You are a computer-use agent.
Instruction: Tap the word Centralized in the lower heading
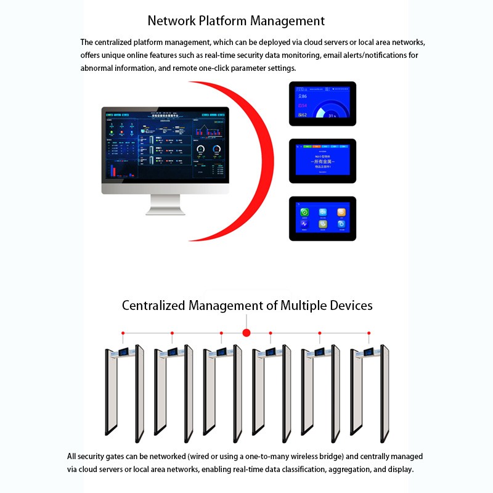click(154, 306)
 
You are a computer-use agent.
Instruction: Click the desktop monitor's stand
click(165, 205)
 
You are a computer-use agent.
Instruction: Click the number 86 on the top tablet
click(303, 96)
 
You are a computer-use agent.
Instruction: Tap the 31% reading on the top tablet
click(332, 115)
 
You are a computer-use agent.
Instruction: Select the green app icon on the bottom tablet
click(304, 212)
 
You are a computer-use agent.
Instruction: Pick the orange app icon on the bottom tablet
click(341, 212)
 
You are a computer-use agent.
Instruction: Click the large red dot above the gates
click(246, 333)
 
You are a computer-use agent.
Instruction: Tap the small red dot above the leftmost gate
click(123, 333)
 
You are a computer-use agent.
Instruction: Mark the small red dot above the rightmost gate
click(370, 333)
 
